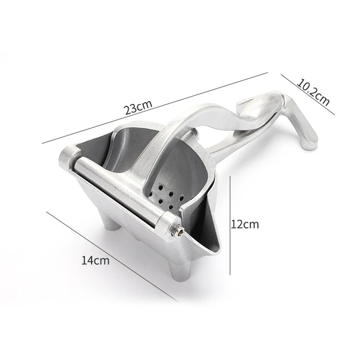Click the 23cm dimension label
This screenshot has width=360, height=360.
(138, 106)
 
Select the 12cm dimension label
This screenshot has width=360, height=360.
(245, 224)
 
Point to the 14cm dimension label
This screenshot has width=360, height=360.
(95, 261)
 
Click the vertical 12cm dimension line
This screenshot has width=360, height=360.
(230, 225)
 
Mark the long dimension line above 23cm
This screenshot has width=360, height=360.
(155, 108)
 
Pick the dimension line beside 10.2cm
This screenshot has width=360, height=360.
(308, 94)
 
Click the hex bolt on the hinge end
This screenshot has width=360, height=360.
(179, 233)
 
